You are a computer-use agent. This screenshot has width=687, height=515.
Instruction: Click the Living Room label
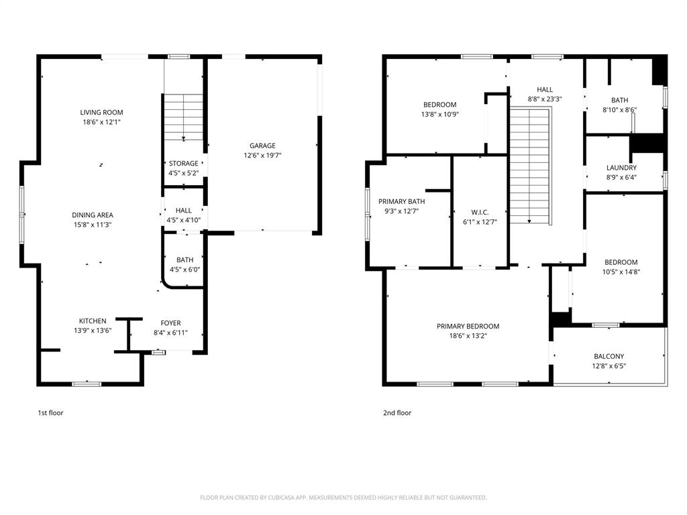click(x=102, y=113)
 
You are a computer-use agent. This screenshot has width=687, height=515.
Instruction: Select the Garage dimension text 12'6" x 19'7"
click(x=262, y=155)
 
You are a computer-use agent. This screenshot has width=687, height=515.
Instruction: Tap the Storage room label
click(x=183, y=164)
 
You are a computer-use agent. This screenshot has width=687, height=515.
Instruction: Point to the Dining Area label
click(x=93, y=215)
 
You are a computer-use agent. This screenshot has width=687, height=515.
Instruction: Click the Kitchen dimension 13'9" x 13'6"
click(x=93, y=330)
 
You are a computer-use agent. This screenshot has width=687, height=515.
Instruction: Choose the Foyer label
click(x=170, y=323)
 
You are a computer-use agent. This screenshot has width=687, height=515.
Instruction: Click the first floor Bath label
click(x=184, y=260)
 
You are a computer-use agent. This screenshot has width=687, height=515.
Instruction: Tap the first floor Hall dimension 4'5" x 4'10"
click(x=183, y=220)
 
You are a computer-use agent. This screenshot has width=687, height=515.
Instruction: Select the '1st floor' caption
click(x=50, y=413)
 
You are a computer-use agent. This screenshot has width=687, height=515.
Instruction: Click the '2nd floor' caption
click(x=397, y=413)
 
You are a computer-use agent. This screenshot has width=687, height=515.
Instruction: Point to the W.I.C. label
click(x=480, y=212)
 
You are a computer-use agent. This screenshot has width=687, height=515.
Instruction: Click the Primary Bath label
click(x=401, y=201)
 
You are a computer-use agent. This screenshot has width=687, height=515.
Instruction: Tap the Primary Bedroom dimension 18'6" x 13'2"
click(x=468, y=336)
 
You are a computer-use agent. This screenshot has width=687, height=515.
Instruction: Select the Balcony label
click(x=609, y=357)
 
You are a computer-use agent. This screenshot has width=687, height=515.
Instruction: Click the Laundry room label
click(x=621, y=168)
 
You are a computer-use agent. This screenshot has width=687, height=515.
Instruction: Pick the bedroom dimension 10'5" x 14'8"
click(x=621, y=272)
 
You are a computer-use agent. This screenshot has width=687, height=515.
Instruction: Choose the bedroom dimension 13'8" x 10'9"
click(x=439, y=114)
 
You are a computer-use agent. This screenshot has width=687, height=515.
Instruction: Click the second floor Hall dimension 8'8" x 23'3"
click(x=544, y=99)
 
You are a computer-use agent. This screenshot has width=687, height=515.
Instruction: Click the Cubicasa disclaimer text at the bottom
click(x=343, y=498)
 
